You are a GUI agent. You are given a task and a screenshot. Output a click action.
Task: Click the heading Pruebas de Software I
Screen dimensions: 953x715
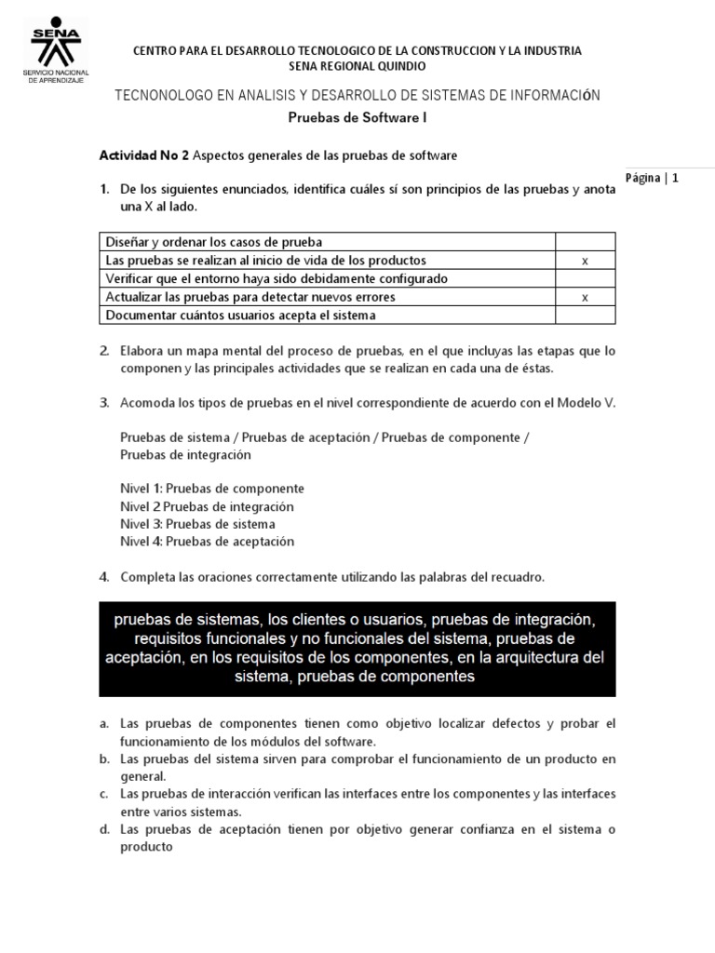pos(357,118)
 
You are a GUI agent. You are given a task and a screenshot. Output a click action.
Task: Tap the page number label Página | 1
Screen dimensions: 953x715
pos(653,177)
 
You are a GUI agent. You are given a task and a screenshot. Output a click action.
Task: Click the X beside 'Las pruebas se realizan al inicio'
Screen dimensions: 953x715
pos(585,261)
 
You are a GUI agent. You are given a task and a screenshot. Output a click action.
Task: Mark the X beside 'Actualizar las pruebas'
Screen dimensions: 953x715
pos(585,297)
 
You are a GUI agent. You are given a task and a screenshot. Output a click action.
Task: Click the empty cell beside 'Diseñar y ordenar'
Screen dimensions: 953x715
pos(585,242)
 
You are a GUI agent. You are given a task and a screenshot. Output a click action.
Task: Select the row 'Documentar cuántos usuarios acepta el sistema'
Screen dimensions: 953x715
pos(242,315)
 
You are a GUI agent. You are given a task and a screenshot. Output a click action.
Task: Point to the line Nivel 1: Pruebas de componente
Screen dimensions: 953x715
pos(212,489)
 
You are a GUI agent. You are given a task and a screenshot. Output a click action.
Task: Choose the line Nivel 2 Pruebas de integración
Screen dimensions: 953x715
pos(207,506)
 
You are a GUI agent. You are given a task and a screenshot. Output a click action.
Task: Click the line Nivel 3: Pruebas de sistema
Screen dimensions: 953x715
pos(197,524)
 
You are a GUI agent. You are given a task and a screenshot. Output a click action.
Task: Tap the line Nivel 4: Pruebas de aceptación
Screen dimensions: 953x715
pos(207,542)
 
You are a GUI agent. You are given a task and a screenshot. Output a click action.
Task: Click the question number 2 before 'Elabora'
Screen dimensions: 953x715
pos(104,351)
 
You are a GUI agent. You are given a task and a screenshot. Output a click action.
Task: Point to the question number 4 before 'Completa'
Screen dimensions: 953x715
pos(104,577)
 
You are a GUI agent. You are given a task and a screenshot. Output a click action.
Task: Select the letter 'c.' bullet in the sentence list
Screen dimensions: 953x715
pos(105,794)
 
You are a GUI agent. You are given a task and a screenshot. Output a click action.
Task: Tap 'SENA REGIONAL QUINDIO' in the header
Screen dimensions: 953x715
pos(357,66)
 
